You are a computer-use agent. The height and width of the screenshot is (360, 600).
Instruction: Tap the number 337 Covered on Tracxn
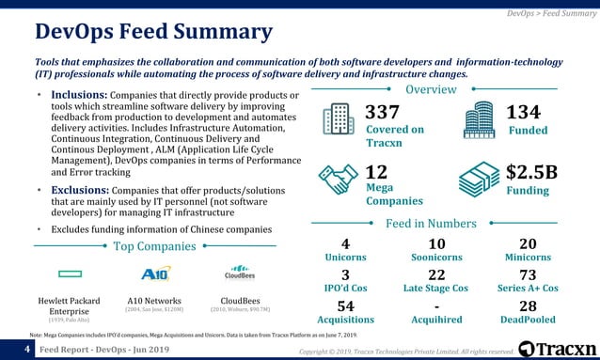(x=383, y=113)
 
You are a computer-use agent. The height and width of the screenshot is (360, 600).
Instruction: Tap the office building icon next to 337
(x=337, y=120)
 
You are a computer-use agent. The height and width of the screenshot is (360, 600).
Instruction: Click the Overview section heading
(x=430, y=89)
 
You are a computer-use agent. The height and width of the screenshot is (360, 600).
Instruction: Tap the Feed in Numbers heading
(x=430, y=223)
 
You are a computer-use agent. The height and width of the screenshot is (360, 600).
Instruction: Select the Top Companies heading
(x=154, y=246)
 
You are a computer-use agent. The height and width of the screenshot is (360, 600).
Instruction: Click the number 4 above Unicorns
(x=345, y=243)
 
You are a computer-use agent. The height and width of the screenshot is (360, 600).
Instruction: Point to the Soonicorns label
(x=435, y=257)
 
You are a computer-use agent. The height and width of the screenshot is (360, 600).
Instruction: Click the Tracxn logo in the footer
(x=557, y=349)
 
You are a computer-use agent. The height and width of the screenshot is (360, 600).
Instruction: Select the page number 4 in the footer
(x=28, y=350)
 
